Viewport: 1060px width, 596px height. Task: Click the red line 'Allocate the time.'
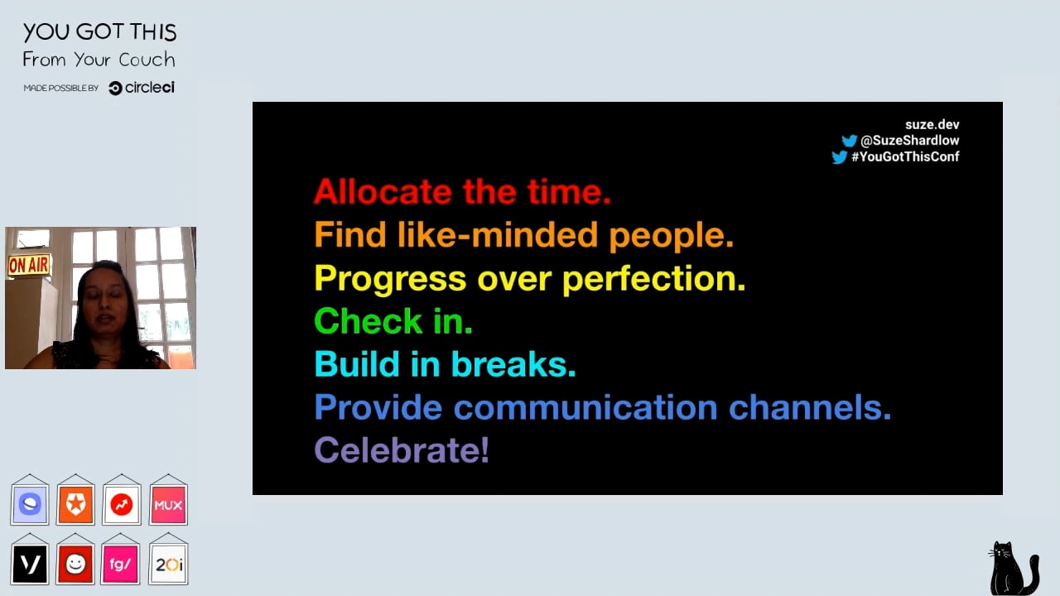point(462,191)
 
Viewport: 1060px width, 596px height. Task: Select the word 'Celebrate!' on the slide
point(402,449)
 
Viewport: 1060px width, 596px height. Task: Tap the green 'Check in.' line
point(393,320)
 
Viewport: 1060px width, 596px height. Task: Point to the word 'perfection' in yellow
point(653,279)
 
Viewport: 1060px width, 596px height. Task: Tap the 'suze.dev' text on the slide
point(932,124)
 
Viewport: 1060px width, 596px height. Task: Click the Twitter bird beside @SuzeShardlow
point(849,141)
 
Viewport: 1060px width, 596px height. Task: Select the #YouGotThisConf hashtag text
point(905,156)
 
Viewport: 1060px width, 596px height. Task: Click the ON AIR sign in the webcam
point(29,266)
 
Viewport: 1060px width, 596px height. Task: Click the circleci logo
point(142,88)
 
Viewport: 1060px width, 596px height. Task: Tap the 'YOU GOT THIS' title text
point(99,32)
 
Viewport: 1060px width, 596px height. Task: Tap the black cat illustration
point(1013,569)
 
